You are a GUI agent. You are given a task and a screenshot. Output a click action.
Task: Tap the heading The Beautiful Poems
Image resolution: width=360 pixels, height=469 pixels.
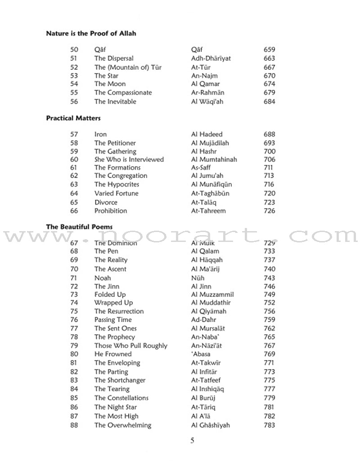tap(79, 227)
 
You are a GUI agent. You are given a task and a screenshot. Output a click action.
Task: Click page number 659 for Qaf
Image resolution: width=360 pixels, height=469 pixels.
tap(269, 50)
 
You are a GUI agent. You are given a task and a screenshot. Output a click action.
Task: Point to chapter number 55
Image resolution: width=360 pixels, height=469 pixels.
tap(74, 92)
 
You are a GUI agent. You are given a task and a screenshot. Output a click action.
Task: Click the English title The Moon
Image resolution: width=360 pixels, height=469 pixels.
tap(110, 84)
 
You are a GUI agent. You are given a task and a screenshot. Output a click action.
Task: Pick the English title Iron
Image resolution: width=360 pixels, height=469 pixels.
tap(100, 134)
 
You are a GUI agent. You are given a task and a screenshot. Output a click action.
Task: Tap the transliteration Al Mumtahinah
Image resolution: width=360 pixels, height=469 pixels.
tap(214, 159)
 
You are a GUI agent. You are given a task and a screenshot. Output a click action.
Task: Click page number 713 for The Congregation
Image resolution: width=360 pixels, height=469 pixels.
tap(269, 176)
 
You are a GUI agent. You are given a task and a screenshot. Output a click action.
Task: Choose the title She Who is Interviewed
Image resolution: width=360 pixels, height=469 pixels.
tap(129, 159)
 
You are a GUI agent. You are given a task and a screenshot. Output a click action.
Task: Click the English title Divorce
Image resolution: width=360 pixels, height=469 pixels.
tap(106, 202)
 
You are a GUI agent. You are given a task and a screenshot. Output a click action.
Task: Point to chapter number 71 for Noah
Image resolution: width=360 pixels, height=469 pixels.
tap(74, 278)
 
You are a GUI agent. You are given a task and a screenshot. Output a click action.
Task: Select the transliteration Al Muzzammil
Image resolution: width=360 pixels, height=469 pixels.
tap(212, 295)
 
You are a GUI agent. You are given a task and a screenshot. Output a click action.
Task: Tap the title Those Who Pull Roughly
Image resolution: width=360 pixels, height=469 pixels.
tap(130, 346)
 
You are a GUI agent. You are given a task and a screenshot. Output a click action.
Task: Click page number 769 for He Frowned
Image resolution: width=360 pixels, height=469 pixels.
tap(269, 354)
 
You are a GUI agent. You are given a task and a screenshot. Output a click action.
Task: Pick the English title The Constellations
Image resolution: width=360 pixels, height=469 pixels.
tap(121, 398)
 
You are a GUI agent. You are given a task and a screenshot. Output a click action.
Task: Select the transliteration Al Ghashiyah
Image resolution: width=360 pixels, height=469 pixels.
tap(210, 425)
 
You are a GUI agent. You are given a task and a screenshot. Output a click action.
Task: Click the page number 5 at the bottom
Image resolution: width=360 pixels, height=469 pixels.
tap(193, 441)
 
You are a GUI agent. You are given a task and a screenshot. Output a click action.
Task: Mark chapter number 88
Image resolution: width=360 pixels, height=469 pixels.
tap(74, 425)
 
